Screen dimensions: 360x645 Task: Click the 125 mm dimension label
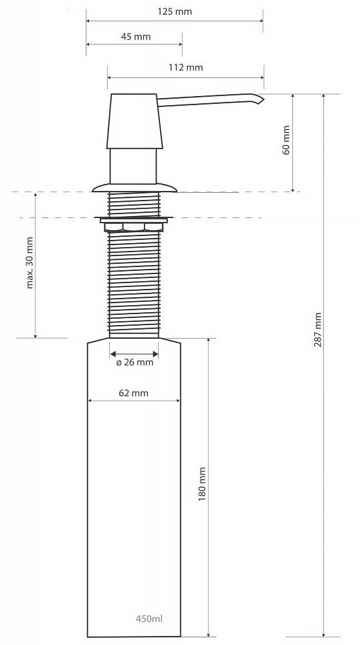[x=174, y=12]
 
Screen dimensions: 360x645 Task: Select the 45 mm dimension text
[x=135, y=37]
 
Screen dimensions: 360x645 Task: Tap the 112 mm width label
[x=186, y=67]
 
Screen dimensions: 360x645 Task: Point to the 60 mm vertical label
[x=286, y=140]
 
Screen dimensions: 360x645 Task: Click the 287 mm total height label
[x=317, y=330]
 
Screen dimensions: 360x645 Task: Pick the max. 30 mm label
[x=30, y=263]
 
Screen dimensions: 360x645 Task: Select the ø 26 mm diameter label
[x=135, y=362]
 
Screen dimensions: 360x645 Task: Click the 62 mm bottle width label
[x=134, y=393]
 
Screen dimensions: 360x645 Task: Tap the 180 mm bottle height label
[x=202, y=484]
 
